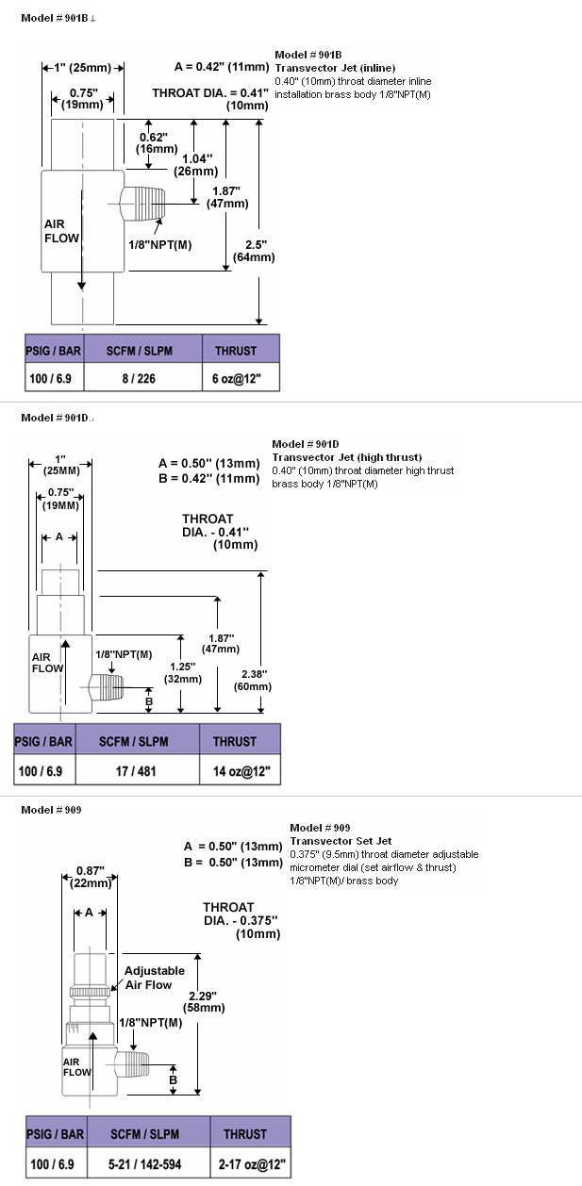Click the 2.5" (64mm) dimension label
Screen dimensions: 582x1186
pyautogui.click(x=254, y=251)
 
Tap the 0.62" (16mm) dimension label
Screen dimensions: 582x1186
pyautogui.click(x=157, y=143)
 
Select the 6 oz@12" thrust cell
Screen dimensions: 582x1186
pyautogui.click(x=241, y=378)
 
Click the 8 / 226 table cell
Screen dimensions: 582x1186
pyautogui.click(x=142, y=378)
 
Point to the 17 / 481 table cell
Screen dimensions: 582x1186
pyautogui.click(x=137, y=771)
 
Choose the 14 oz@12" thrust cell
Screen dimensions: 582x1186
pyautogui.click(x=241, y=771)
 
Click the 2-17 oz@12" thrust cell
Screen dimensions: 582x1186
pyautogui.click(x=251, y=1164)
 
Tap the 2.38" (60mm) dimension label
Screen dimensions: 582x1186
pyautogui.click(x=253, y=681)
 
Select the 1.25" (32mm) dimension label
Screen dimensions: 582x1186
pyautogui.click(x=183, y=672)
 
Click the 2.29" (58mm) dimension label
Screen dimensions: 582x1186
pyautogui.click(x=204, y=1002)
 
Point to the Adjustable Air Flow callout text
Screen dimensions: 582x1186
pyautogui.click(x=154, y=978)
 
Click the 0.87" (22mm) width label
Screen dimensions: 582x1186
pyautogui.click(x=91, y=877)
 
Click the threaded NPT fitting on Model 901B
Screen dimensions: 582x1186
pyautogui.click(x=142, y=204)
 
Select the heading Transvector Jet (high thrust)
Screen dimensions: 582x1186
pyautogui.click(x=347, y=457)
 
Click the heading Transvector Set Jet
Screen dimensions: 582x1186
pyautogui.click(x=341, y=841)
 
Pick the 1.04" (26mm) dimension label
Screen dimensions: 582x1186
pyautogui.click(x=195, y=165)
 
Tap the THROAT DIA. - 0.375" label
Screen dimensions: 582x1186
pyautogui.click(x=241, y=920)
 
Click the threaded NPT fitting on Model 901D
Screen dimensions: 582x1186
pyautogui.click(x=107, y=687)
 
